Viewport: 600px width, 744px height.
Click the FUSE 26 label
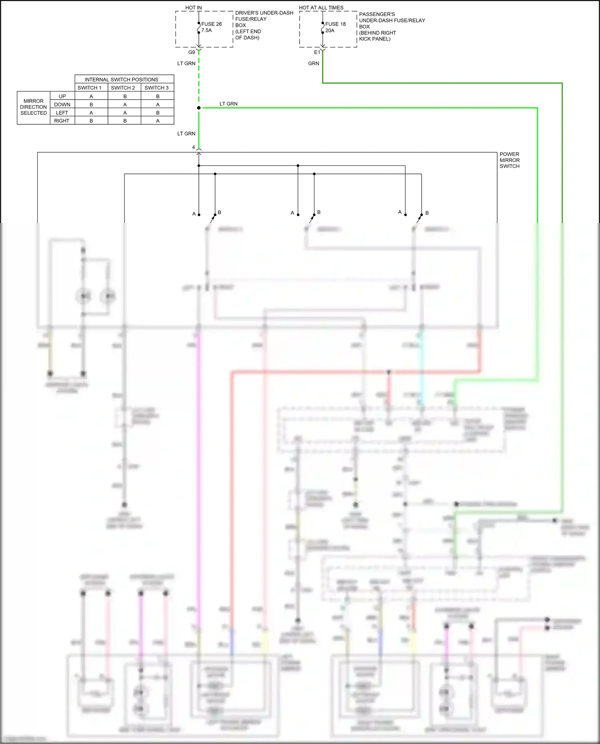(211, 24)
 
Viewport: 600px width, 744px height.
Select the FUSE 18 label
(335, 24)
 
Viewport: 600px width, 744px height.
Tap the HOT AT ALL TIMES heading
(321, 8)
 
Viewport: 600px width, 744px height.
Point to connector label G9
(192, 52)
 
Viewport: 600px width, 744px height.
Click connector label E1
(317, 52)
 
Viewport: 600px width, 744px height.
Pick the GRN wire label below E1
(314, 64)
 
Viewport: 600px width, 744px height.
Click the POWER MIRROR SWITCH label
(509, 160)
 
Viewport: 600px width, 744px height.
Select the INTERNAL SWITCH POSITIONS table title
(121, 80)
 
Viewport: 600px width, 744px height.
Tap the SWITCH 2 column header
(123, 88)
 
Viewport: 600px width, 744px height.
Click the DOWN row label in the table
(62, 105)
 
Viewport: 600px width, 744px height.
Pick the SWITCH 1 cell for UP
(91, 96)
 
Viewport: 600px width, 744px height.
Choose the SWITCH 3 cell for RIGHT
(158, 121)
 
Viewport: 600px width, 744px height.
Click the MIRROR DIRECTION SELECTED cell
(34, 107)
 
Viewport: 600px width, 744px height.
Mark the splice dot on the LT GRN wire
(199, 108)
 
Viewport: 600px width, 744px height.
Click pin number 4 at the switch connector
(194, 148)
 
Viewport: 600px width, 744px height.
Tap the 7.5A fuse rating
(206, 30)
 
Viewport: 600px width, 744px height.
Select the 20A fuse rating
(330, 30)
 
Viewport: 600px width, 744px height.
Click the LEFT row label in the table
(62, 113)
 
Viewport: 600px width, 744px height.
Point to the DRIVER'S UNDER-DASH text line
(264, 13)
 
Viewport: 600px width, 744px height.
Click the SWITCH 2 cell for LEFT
(125, 113)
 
